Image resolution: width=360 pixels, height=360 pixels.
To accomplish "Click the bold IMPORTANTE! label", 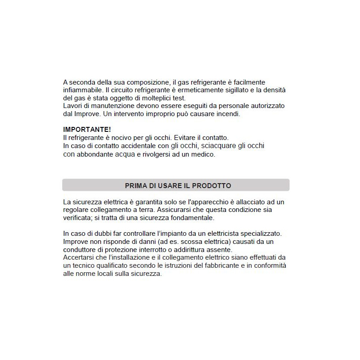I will [x=87, y=130].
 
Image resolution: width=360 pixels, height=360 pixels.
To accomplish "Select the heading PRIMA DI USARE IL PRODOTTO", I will [x=178, y=185].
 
